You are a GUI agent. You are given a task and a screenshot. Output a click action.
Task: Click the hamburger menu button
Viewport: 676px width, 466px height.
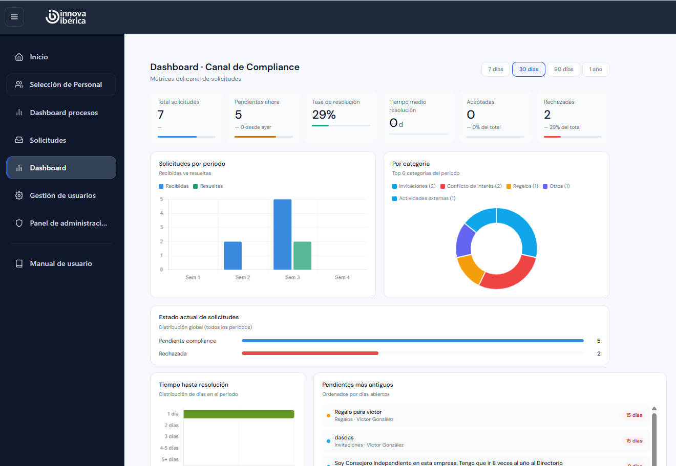click(14, 17)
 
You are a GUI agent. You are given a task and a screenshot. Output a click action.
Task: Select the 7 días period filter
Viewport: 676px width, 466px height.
click(496, 70)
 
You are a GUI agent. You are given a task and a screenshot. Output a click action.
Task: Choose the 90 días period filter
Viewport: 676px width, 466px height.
click(563, 70)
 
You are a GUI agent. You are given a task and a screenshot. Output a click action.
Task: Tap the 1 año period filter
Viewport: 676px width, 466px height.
click(596, 70)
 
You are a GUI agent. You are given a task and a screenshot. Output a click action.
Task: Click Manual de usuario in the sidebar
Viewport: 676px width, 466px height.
click(61, 263)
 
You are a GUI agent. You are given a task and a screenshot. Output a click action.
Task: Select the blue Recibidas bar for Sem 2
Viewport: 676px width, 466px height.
click(233, 256)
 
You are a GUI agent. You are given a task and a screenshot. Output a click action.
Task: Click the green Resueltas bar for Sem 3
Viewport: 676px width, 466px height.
click(302, 256)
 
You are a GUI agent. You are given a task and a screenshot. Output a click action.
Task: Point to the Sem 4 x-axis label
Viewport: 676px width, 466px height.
click(342, 277)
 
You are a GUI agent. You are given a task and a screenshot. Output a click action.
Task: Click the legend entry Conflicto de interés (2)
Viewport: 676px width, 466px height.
click(471, 186)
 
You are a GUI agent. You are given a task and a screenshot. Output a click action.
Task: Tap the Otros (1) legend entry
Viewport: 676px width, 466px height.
click(556, 186)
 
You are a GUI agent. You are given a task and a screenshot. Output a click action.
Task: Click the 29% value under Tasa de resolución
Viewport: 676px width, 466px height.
click(324, 115)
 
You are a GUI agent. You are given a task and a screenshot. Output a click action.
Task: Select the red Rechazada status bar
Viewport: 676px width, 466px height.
click(310, 353)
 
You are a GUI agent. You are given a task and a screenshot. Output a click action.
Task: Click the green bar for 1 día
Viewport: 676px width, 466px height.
click(239, 414)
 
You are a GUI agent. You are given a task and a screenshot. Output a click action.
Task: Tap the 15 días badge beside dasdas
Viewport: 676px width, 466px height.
click(634, 441)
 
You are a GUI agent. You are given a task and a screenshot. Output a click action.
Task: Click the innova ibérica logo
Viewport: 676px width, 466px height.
click(66, 17)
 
